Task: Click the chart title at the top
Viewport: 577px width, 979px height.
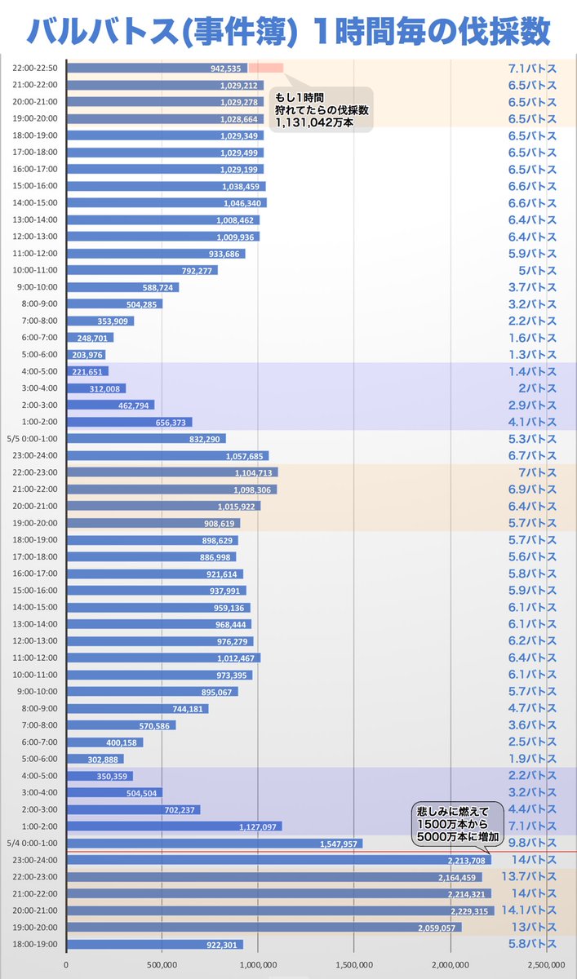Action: [x=288, y=30]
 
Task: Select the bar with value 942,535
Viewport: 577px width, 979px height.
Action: [x=157, y=68]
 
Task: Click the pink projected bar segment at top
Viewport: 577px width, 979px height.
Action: [x=265, y=68]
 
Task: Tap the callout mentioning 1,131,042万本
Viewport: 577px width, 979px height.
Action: [x=321, y=109]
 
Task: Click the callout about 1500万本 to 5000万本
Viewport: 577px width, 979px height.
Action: [x=455, y=823]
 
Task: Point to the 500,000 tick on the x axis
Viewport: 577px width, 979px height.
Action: [x=162, y=963]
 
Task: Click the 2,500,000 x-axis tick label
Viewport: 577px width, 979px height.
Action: [x=546, y=963]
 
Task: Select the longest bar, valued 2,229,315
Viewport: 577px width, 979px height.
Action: [x=280, y=910]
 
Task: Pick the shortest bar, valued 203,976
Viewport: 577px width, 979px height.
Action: [x=86, y=354]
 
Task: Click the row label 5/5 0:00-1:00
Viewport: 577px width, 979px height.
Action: [x=33, y=439]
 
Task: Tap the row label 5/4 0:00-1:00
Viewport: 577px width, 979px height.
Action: [x=33, y=843]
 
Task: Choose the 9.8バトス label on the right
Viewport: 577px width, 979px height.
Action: [x=532, y=843]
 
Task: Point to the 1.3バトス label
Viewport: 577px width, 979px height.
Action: [x=532, y=354]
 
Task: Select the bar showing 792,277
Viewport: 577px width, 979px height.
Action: [x=142, y=270]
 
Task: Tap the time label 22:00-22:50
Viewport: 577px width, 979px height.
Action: [x=35, y=68]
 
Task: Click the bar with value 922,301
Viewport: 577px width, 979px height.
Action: [x=154, y=944]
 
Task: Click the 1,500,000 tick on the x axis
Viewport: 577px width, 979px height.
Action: [x=354, y=963]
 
